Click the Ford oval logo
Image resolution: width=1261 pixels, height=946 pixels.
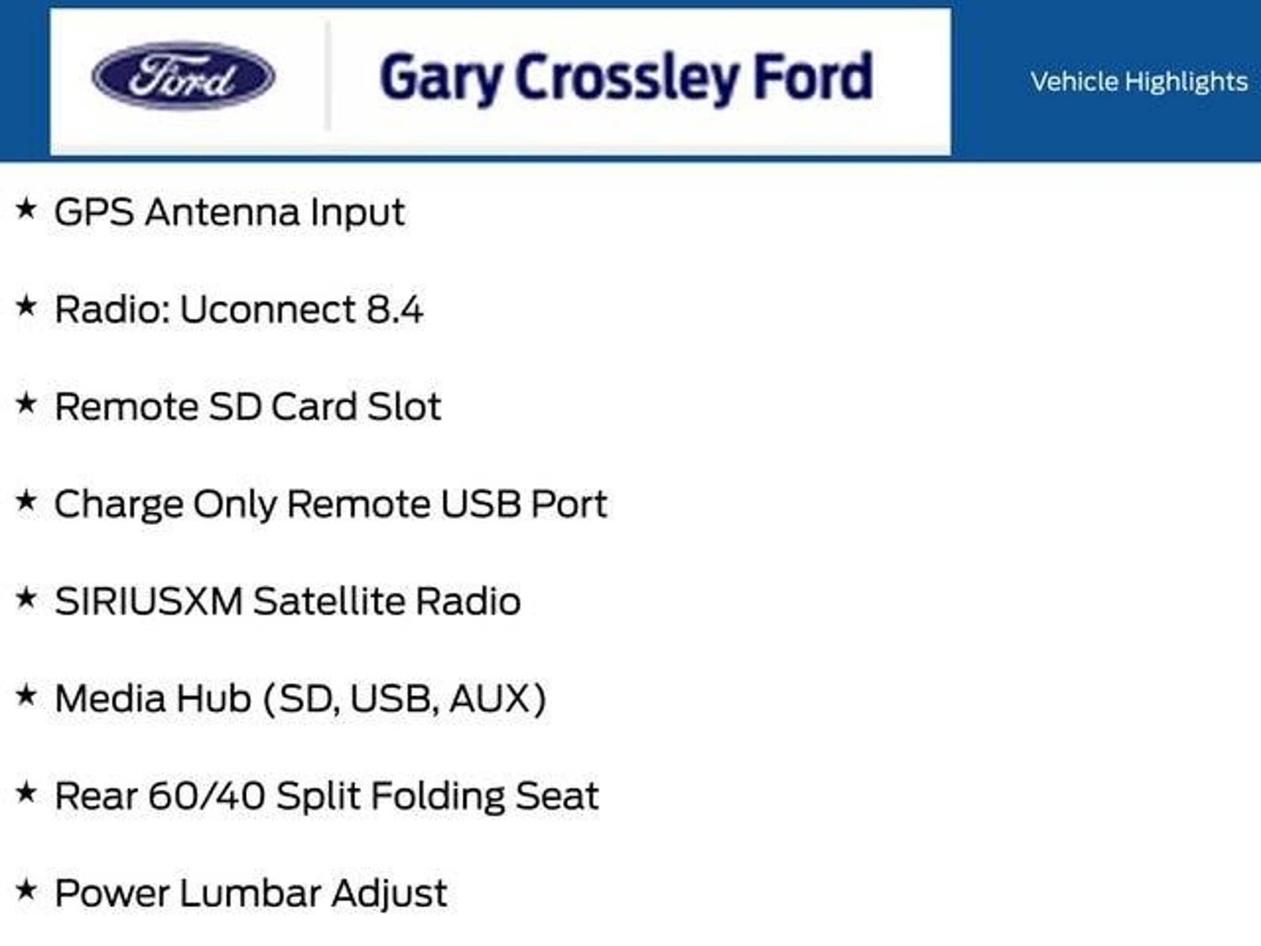click(x=183, y=76)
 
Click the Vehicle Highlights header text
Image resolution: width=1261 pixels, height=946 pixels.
click(x=1139, y=82)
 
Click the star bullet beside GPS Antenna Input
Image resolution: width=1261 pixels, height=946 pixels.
click(x=26, y=209)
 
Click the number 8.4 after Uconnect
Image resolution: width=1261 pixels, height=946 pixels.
click(x=395, y=309)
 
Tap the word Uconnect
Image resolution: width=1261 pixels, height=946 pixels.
click(x=267, y=309)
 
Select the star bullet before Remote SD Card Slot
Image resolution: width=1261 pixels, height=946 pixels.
click(x=26, y=403)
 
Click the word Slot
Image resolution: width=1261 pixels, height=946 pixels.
click(x=405, y=406)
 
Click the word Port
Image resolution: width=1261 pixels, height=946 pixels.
click(x=570, y=504)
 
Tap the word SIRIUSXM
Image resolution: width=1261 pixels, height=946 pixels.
click(x=148, y=601)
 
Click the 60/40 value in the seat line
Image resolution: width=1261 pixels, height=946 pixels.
click(x=206, y=796)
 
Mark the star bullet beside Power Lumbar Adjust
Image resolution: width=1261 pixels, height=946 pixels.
click(x=26, y=890)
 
